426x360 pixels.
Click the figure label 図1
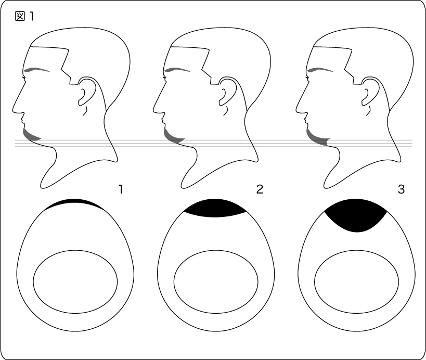(x=24, y=16)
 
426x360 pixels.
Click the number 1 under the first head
(x=121, y=189)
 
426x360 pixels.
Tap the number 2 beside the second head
(x=260, y=189)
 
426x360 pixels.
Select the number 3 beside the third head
(x=401, y=189)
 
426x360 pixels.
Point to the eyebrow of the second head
(x=177, y=70)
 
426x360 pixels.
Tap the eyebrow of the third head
(x=320, y=70)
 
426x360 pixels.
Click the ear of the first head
(x=87, y=91)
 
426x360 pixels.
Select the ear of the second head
(x=228, y=91)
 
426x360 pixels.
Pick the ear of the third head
(x=370, y=91)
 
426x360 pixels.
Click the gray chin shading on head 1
(x=31, y=136)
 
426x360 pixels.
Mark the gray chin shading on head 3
(x=317, y=138)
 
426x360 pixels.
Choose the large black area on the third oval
(x=356, y=215)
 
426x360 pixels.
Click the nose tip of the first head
(x=13, y=111)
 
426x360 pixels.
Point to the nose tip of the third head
(x=296, y=111)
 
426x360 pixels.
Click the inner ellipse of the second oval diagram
(x=174, y=282)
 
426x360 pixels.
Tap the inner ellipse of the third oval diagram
(x=315, y=282)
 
